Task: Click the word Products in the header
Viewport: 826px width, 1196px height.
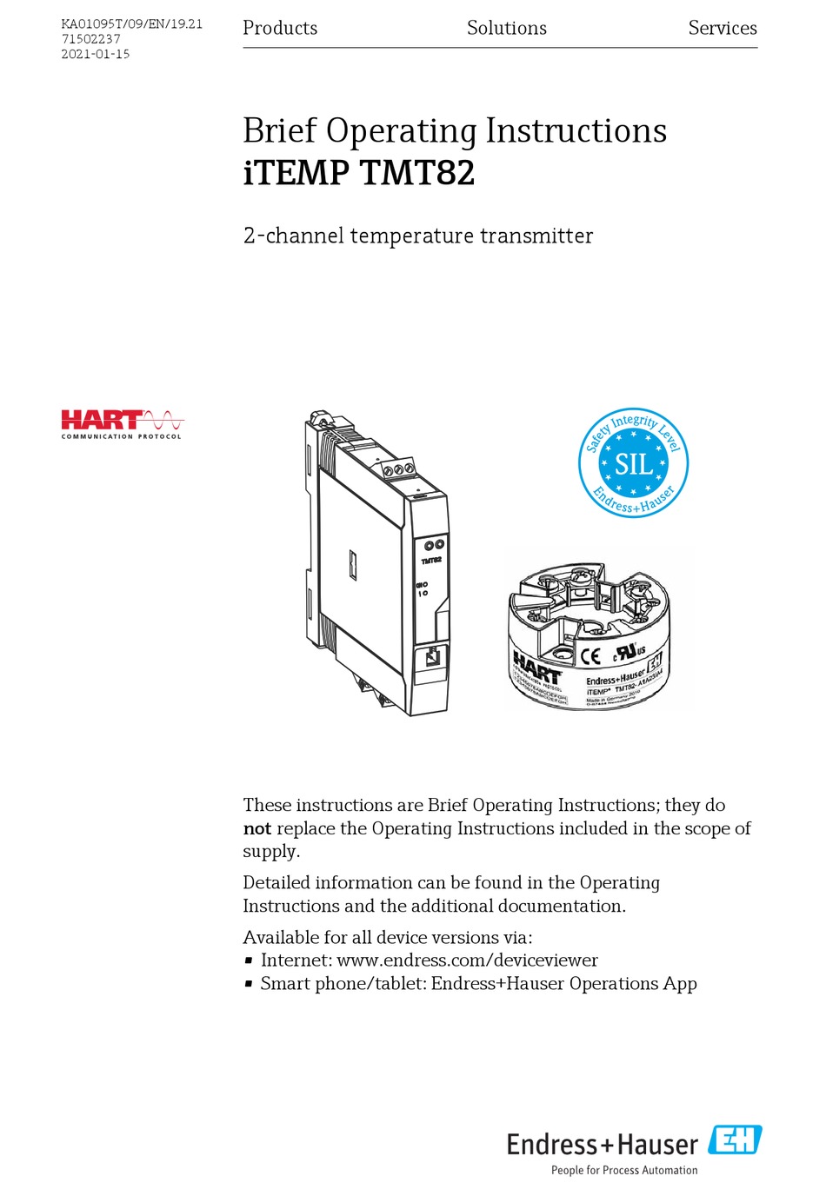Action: pos(280,28)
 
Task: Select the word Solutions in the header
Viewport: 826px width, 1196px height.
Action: pos(506,28)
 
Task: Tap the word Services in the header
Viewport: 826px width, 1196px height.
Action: pos(722,28)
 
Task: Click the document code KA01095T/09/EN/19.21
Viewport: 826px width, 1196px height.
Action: pos(131,23)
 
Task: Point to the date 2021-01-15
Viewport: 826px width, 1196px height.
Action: pos(95,54)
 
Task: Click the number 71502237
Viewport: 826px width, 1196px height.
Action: pos(90,39)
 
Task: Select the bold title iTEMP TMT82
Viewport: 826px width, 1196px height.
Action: pos(358,172)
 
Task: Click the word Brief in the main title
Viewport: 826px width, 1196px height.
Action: pos(279,131)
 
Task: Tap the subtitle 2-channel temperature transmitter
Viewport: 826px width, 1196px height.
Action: pos(417,236)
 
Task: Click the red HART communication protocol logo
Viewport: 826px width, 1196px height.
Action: pos(122,423)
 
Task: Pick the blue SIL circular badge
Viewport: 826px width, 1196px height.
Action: pos(633,462)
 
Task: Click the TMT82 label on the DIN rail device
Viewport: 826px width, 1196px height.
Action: pos(431,561)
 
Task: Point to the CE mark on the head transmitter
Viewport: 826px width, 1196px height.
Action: pos(590,656)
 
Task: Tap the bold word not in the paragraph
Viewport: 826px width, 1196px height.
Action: pos(256,828)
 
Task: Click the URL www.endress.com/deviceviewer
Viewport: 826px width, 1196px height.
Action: pos(467,960)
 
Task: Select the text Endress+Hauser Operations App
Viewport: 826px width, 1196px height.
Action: pos(563,984)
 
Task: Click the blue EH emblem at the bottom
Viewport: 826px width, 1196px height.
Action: pos(735,1140)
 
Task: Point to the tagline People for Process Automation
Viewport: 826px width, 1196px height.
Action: pos(623,1171)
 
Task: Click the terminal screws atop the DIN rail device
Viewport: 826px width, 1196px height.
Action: pos(398,468)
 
